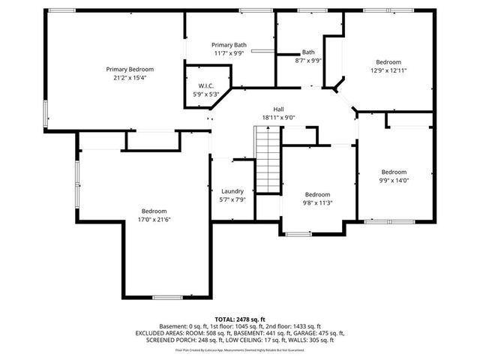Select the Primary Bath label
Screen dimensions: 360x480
(229, 45)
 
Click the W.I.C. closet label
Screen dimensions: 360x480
(206, 86)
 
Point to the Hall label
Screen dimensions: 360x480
(278, 109)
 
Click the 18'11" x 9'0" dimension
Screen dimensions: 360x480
(278, 118)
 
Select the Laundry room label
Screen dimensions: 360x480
(232, 191)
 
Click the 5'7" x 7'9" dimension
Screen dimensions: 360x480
(232, 199)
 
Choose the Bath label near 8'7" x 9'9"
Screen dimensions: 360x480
(308, 52)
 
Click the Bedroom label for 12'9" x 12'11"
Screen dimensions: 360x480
(388, 61)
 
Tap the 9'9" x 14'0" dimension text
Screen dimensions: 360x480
(394, 180)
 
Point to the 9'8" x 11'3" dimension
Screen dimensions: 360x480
(317, 202)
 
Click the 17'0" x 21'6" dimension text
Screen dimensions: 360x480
(152, 220)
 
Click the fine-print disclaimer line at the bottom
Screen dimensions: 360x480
(240, 349)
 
